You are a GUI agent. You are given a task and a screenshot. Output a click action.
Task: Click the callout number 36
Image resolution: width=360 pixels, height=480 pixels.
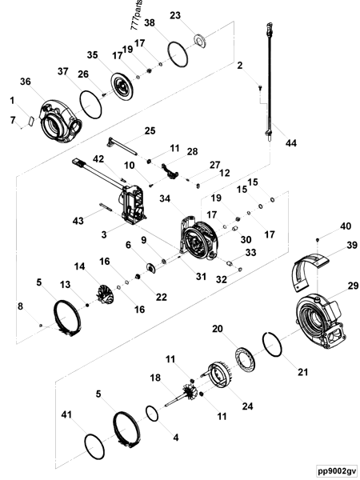pos(26,82)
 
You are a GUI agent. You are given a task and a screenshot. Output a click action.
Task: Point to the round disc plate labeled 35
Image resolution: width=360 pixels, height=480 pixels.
pos(123,85)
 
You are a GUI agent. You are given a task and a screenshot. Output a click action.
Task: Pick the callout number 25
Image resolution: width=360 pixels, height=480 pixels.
pos(150,131)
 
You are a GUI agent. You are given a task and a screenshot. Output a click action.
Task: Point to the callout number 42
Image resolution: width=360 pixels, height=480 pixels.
pos(98,159)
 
